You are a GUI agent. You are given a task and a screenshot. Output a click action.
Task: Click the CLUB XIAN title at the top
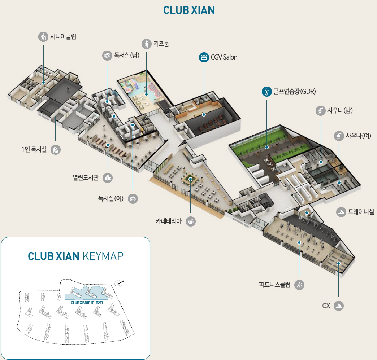click(x=189, y=10)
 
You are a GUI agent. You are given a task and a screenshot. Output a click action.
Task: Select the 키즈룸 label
click(x=161, y=44)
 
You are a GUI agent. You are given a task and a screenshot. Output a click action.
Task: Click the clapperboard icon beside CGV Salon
click(x=204, y=57)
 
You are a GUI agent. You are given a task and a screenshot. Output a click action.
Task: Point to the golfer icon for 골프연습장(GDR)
click(x=266, y=92)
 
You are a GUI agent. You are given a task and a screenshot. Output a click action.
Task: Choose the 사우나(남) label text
click(x=339, y=111)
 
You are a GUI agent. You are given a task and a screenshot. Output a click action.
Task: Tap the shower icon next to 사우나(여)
click(x=339, y=136)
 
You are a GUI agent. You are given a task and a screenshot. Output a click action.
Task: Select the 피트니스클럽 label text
click(x=274, y=285)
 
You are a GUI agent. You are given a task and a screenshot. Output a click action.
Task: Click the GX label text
click(x=326, y=306)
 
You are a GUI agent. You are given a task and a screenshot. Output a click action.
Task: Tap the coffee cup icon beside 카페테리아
click(x=191, y=221)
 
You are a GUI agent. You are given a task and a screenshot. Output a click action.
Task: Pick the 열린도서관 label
click(x=85, y=177)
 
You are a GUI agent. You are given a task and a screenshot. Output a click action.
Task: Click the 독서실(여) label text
click(x=111, y=198)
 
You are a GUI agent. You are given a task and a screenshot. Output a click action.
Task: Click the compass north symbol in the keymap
click(x=119, y=283)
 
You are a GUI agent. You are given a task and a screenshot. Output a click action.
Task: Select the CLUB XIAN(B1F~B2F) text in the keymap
click(x=87, y=303)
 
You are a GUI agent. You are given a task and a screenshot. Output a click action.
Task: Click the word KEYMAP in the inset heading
click(x=103, y=256)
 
